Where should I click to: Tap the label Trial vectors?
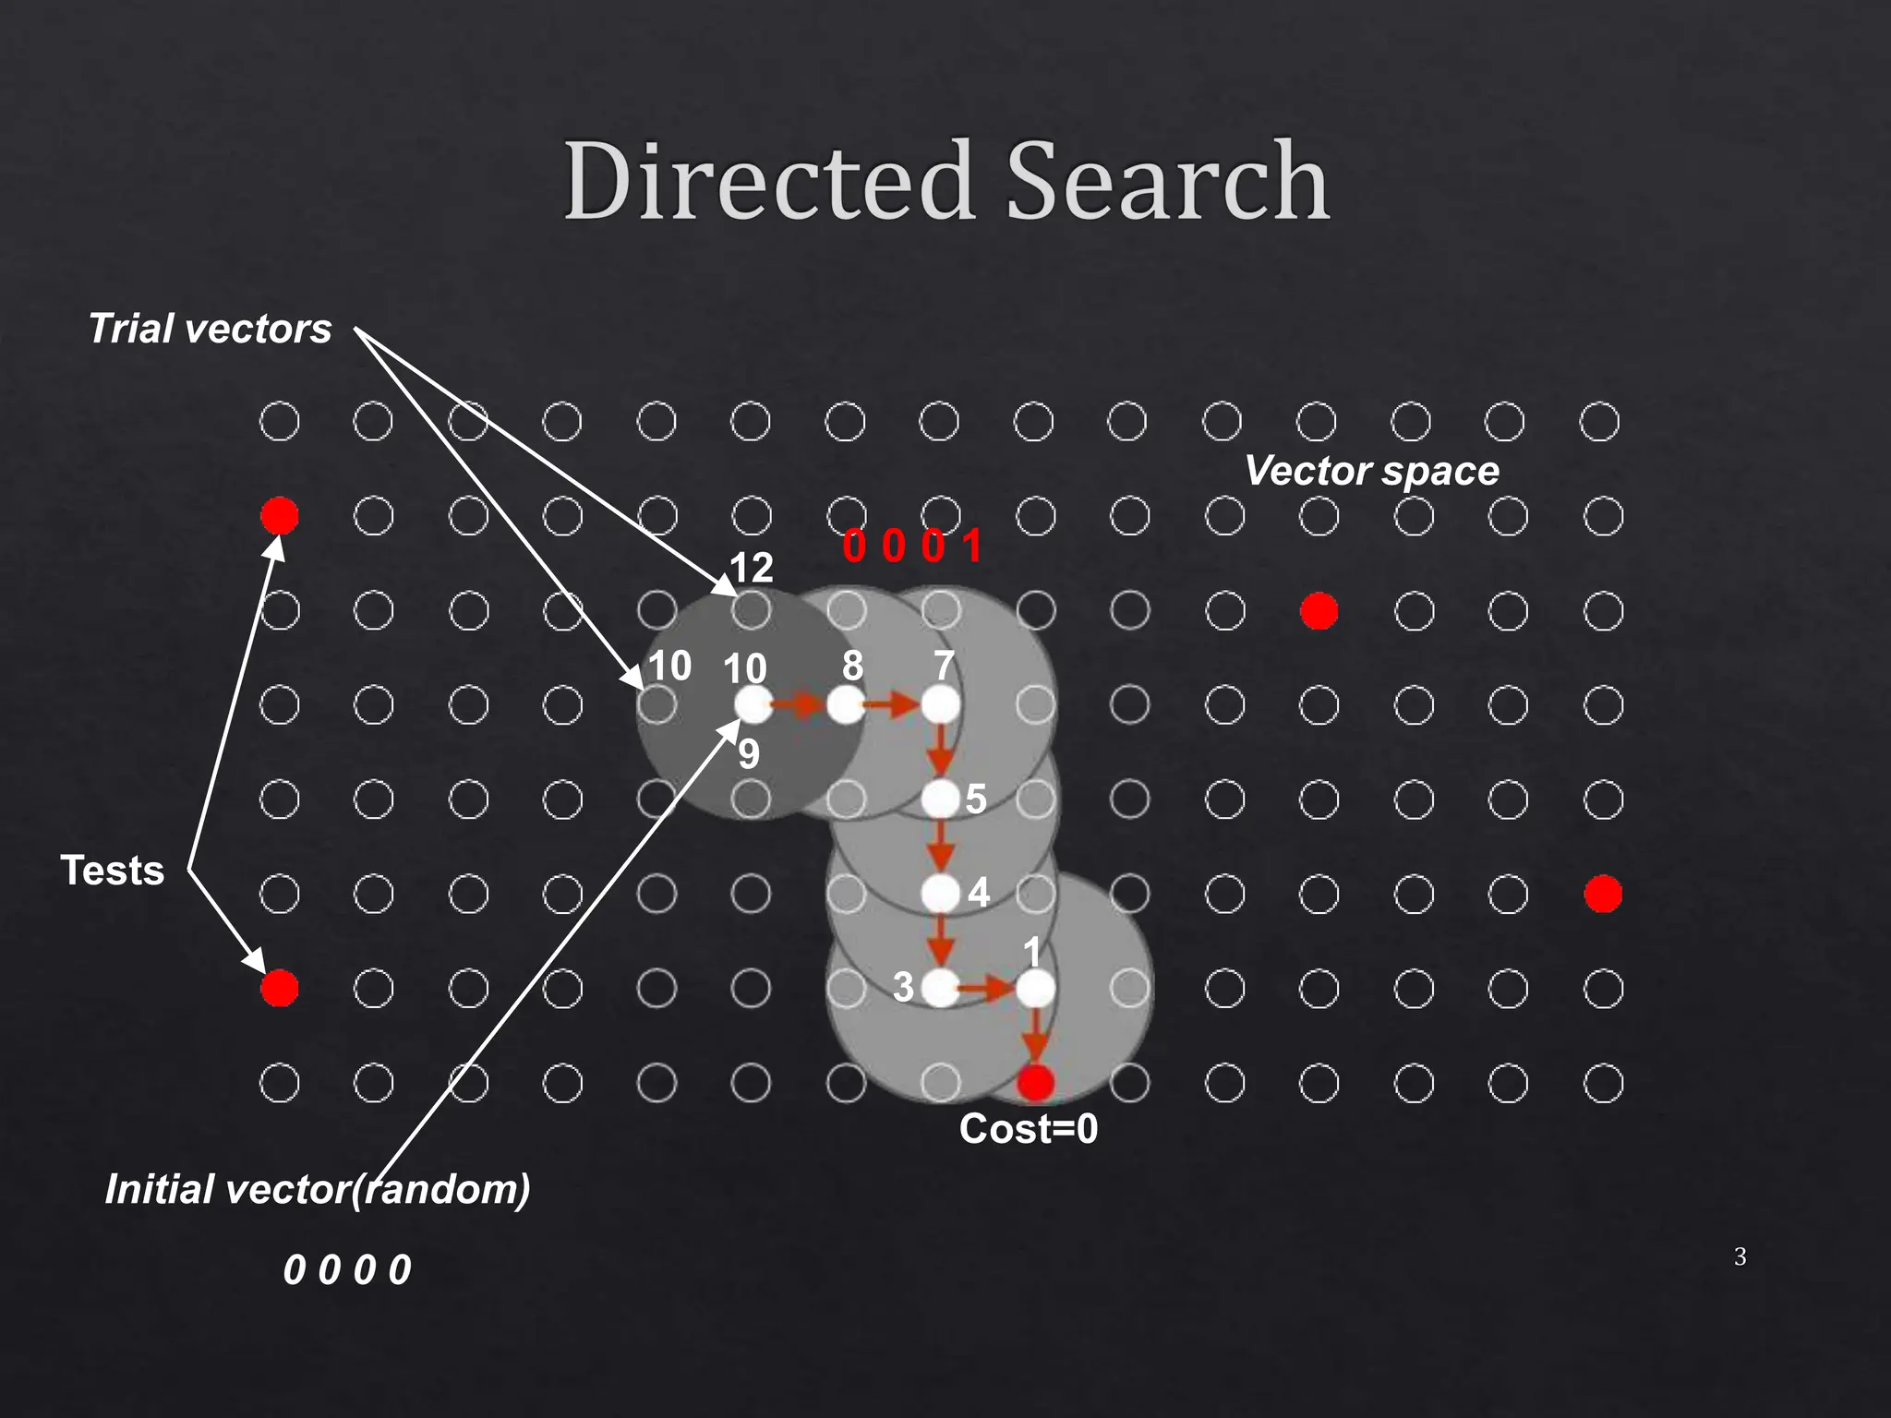(210, 329)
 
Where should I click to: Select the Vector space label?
(1371, 471)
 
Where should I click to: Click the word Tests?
(112, 870)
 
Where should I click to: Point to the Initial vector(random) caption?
(318, 1188)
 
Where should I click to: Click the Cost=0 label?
(1028, 1129)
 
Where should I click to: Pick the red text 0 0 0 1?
(911, 546)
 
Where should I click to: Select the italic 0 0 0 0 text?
(347, 1269)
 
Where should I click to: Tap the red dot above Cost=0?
(1035, 1082)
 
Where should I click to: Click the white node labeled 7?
(941, 705)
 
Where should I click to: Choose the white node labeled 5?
(941, 799)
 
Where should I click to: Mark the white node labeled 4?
(941, 893)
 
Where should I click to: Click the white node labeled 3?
(940, 989)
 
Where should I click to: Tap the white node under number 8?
(846, 705)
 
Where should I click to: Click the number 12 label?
(751, 568)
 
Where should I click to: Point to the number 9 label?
(749, 755)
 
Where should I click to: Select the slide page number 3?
(1740, 1256)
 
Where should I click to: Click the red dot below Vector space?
(1319, 610)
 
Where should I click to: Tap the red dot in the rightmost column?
(1603, 894)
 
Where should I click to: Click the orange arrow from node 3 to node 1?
(986, 990)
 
